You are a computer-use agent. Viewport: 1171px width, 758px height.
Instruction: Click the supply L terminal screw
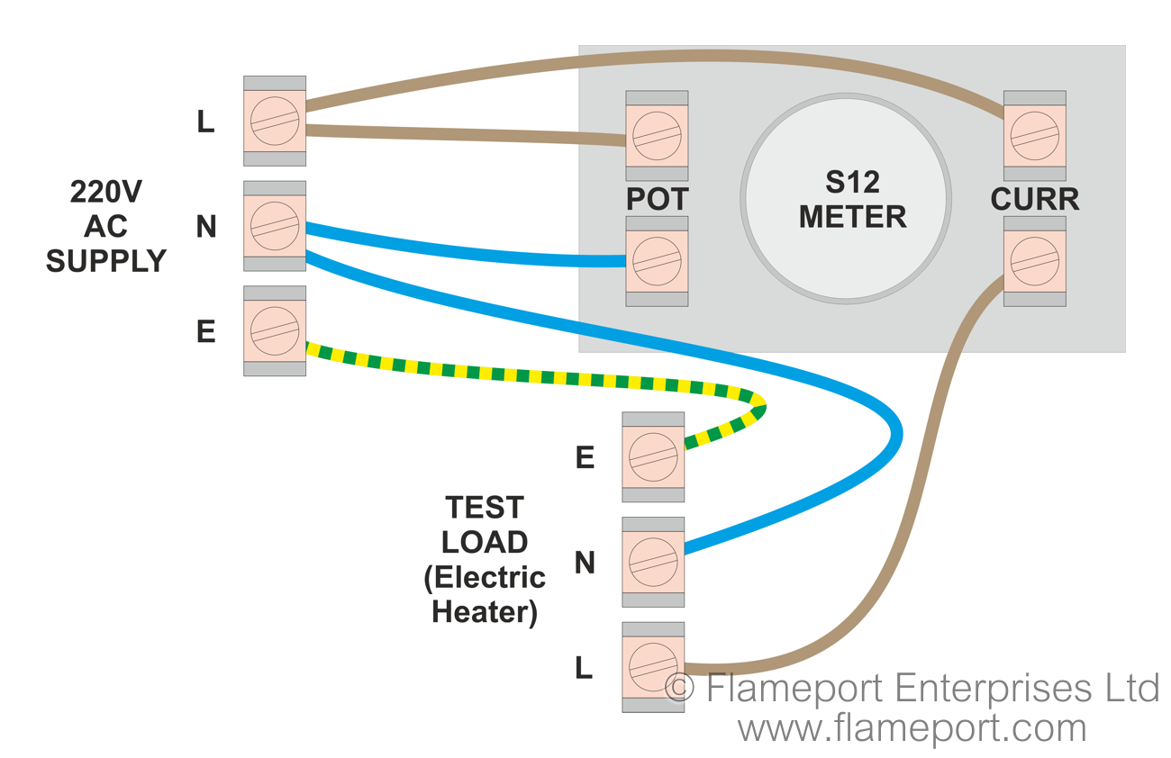(x=275, y=121)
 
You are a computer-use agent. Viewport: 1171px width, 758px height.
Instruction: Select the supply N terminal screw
(x=275, y=226)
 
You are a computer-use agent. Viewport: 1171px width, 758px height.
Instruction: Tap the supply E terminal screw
(x=275, y=331)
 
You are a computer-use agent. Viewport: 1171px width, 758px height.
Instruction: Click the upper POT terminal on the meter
(x=657, y=136)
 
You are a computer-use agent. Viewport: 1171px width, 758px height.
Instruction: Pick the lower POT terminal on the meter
(x=657, y=261)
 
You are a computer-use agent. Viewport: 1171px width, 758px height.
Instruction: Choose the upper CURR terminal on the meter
(x=1034, y=136)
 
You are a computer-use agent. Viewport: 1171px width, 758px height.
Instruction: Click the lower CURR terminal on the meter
(x=1034, y=261)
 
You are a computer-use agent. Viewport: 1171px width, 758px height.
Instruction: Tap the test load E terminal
(x=653, y=457)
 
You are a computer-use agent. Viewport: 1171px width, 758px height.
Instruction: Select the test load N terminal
(x=653, y=562)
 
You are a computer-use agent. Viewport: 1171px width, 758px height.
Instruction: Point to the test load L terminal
(x=653, y=667)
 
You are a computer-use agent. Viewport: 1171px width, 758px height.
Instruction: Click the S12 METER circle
(x=845, y=199)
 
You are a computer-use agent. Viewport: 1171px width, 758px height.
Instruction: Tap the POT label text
(x=658, y=200)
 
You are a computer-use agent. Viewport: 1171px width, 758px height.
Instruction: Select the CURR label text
(x=1035, y=200)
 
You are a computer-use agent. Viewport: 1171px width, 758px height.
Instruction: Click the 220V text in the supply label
(x=106, y=193)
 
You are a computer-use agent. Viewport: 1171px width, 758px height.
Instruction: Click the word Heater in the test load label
(x=485, y=612)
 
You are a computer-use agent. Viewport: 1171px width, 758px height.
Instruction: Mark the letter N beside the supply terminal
(x=206, y=228)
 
